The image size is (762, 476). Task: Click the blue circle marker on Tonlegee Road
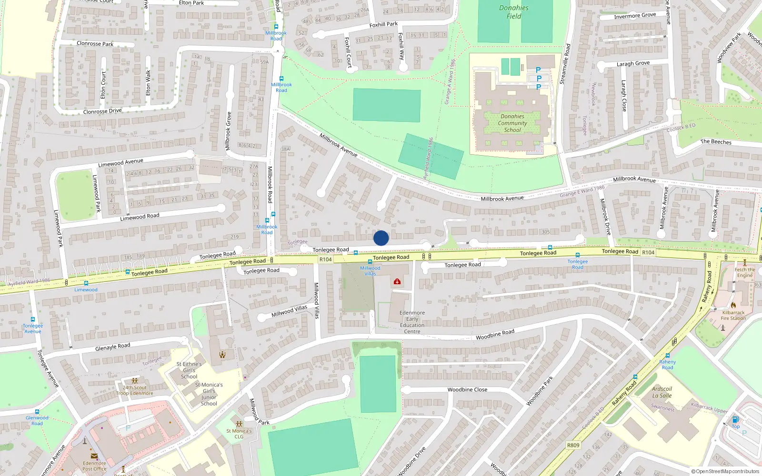point(381,238)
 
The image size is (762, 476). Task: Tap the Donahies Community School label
point(512,123)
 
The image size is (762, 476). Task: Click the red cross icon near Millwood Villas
point(397,282)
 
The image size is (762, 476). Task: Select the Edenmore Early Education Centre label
point(412,322)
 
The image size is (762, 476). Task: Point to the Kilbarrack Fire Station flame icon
point(733,305)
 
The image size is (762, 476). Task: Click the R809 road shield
point(573,446)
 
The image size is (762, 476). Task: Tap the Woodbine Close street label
point(467,389)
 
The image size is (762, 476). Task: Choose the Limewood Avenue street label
point(120,163)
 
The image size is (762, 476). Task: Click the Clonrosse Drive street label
point(102,111)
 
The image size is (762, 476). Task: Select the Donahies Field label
point(513,12)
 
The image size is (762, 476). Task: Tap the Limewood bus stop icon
point(86,283)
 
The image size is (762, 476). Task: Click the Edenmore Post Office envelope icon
point(94,456)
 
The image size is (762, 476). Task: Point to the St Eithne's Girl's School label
point(189,370)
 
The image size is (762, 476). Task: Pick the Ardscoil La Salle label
point(662,392)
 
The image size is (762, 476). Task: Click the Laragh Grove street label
point(633,63)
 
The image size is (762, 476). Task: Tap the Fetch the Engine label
point(745,272)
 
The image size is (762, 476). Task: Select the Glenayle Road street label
point(112,347)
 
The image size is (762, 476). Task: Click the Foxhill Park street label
point(383,24)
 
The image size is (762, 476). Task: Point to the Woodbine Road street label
point(495,334)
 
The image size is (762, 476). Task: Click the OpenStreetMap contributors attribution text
point(725,472)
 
